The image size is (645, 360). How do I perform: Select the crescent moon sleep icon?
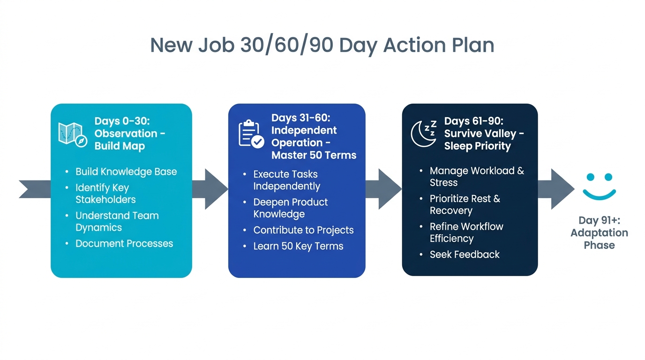tap(424, 134)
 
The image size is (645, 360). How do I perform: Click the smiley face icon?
tap(599, 187)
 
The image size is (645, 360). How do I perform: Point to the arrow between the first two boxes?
tap(210, 189)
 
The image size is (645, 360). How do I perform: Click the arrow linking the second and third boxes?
tap(383, 189)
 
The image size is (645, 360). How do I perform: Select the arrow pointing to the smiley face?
tap(556, 189)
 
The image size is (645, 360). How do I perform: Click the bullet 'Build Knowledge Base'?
tap(126, 172)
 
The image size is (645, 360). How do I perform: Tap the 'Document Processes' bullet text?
tap(124, 244)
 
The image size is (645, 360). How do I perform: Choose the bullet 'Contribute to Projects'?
tap(303, 230)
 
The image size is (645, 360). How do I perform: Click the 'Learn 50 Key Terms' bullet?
tap(298, 246)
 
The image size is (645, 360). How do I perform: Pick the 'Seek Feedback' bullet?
tap(465, 255)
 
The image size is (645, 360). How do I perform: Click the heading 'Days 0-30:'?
tap(122, 121)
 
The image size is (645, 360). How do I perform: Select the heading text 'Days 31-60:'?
tap(300, 118)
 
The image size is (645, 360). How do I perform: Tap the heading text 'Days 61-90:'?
tap(473, 121)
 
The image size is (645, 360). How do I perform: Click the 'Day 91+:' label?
tap(599, 220)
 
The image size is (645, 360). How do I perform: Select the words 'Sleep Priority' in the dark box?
tap(477, 146)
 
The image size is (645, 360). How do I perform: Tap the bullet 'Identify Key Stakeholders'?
tap(105, 194)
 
